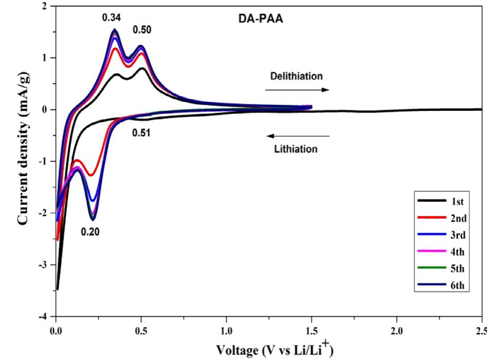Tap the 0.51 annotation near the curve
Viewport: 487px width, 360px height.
pyautogui.click(x=141, y=133)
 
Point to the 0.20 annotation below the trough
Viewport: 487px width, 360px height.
pyautogui.click(x=90, y=233)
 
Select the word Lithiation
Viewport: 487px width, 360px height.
pyautogui.click(x=296, y=149)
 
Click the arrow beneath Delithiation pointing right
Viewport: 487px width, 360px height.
pyautogui.click(x=296, y=89)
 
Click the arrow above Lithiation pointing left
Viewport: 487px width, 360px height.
pyautogui.click(x=298, y=136)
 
